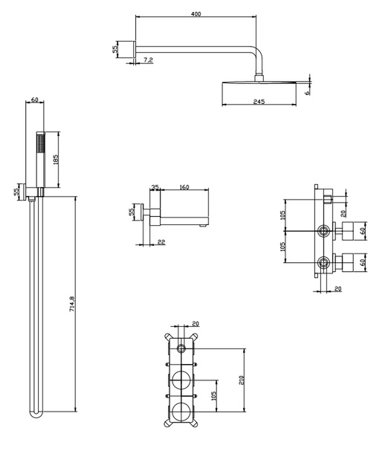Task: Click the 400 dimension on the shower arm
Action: coord(196,14)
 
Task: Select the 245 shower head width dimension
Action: coord(259,102)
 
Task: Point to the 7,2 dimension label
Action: coord(148,60)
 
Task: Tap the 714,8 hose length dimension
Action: coord(72,304)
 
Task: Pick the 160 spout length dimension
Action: coord(184,187)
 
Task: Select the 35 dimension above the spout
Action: coord(155,187)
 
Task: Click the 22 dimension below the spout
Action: coord(161,242)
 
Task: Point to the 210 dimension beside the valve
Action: coord(242,380)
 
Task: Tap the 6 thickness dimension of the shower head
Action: coord(307,93)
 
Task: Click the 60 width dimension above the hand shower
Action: coord(35,100)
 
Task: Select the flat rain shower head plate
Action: coord(259,82)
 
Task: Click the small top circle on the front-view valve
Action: coord(181,348)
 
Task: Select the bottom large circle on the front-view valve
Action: coord(181,412)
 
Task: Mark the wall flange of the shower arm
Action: coord(135,49)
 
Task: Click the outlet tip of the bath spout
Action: coord(202,226)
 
